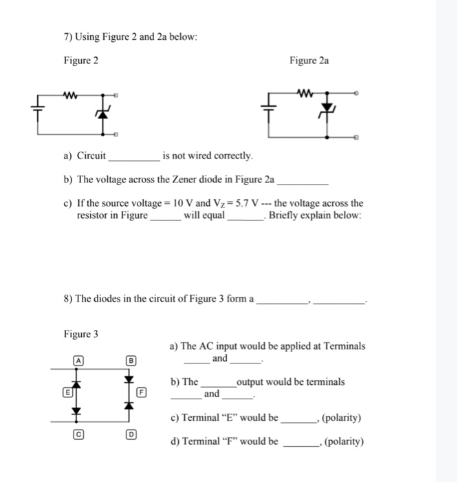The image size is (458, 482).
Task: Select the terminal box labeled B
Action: click(x=127, y=359)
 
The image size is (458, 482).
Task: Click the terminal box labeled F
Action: click(x=142, y=393)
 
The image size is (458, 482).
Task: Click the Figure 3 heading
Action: click(x=80, y=334)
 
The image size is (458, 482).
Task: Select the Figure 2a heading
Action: click(x=309, y=61)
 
